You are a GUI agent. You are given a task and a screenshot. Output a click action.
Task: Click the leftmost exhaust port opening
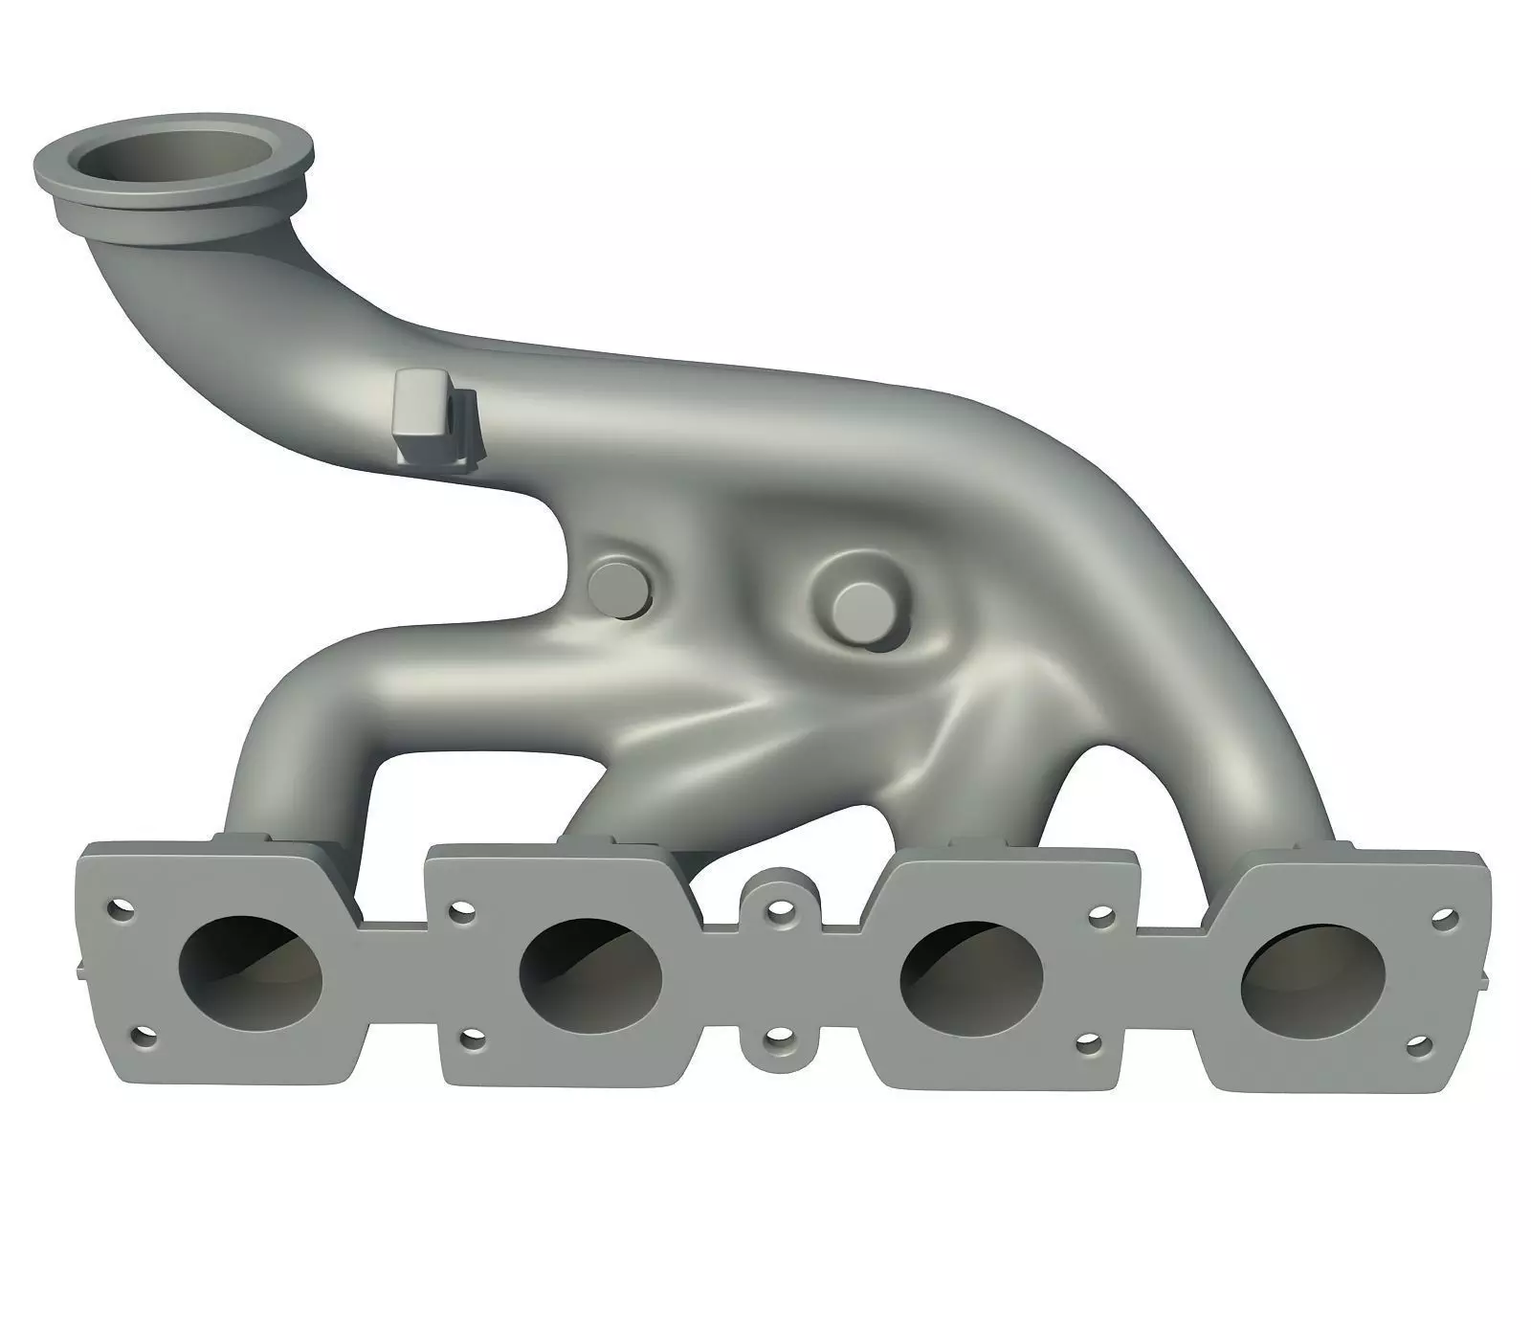point(251,972)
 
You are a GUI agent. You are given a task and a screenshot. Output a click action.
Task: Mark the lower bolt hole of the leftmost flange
point(144,1036)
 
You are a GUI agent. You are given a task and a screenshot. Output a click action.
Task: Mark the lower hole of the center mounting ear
point(780,1038)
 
